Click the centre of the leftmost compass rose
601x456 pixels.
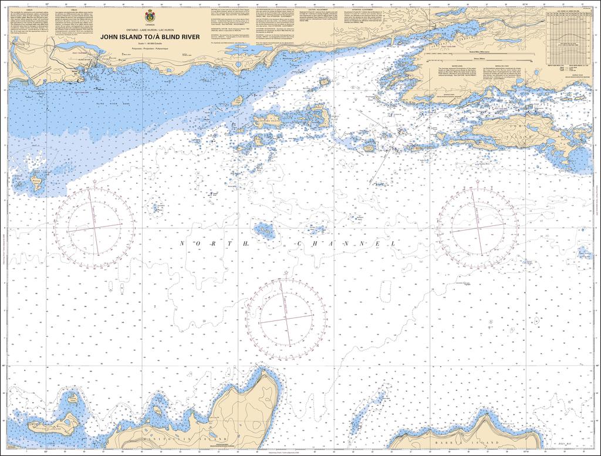[x=94, y=226]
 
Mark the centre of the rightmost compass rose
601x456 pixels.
[x=477, y=226]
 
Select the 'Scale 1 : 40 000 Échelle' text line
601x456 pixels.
[x=149, y=44]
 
